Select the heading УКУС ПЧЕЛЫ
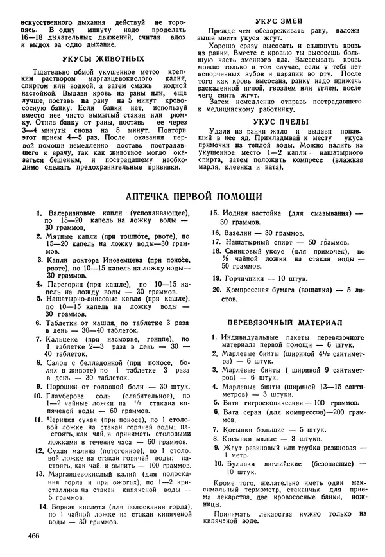[281, 121]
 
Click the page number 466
[35, 535]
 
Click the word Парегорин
[65, 283]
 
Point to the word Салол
[56, 362]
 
